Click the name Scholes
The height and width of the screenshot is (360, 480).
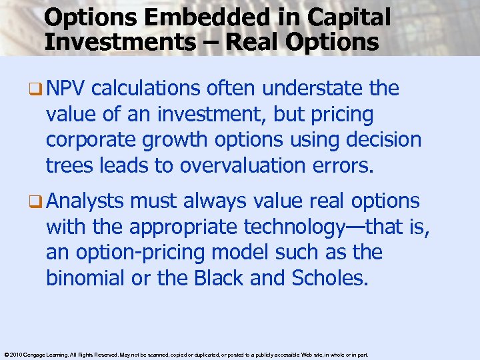tap(329, 278)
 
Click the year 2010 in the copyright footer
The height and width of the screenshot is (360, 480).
tap(19, 355)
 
